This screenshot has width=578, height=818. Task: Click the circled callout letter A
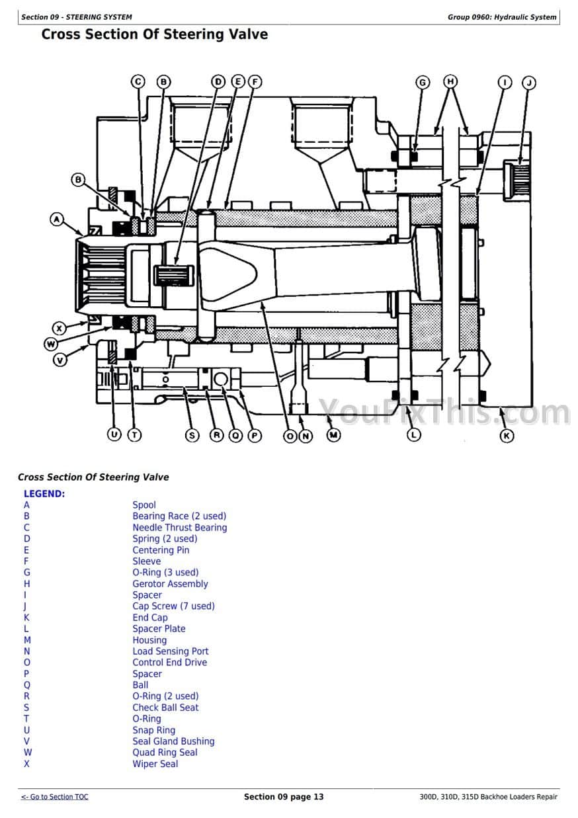coord(57,220)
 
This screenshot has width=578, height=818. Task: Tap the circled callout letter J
coord(528,83)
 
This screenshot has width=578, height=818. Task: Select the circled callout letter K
coord(507,436)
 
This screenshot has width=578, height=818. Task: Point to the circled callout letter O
coord(290,436)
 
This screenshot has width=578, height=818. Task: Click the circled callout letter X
coord(59,328)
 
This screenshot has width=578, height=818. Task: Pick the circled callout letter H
coord(450,81)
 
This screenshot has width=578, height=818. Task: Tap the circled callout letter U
coord(114,434)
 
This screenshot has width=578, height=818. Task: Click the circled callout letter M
coord(333,435)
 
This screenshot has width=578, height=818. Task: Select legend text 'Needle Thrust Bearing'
coord(180,527)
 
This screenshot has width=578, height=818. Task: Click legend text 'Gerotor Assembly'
coord(170,583)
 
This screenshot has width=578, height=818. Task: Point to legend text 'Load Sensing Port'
coord(171,651)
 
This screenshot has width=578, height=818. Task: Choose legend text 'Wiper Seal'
coord(155,764)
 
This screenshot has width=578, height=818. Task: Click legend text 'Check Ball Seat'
coord(165,708)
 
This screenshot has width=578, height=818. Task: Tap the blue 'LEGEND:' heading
coord(44,494)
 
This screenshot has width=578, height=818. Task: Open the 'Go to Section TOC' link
coord(55,796)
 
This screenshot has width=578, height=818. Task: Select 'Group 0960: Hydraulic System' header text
coord(502,17)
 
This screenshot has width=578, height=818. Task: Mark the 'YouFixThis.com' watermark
coord(444,413)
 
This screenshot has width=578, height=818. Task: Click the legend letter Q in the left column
coord(26,685)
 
